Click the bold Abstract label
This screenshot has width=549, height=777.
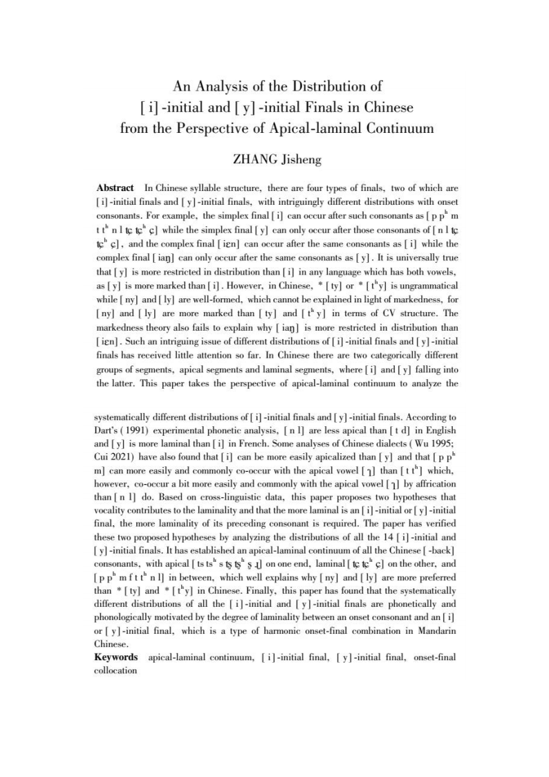pyautogui.click(x=115, y=188)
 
